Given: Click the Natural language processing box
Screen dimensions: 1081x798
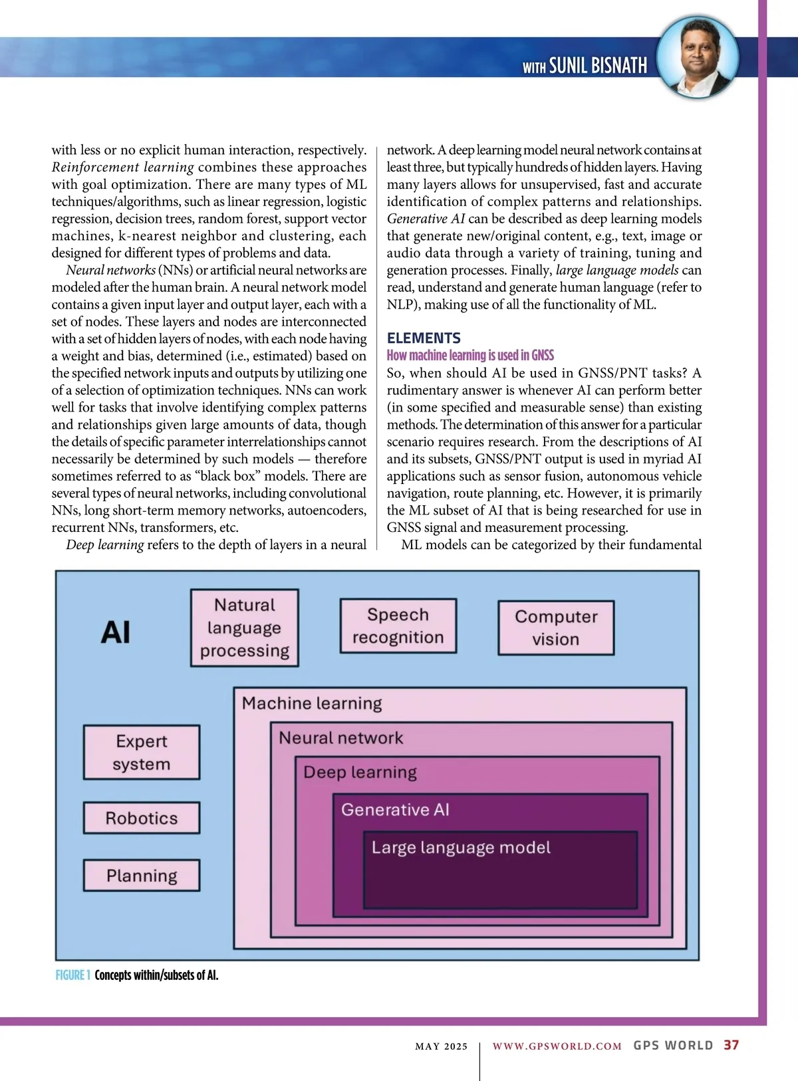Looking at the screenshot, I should tap(245, 628).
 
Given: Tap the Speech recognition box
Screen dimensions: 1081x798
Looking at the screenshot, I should tap(398, 626).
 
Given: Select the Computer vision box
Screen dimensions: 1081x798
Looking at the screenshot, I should tap(556, 628).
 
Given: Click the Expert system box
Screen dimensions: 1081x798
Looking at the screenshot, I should tap(142, 752).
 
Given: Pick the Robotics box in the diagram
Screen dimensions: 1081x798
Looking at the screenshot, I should tap(142, 818).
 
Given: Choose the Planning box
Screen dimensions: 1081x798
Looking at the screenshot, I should tap(142, 876).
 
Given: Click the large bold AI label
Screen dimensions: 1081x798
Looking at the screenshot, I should tap(116, 632).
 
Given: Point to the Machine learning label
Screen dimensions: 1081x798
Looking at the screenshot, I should tap(312, 703).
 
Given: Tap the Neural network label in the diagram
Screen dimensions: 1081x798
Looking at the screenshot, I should tap(340, 738).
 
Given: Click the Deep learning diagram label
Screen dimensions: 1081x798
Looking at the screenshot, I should tap(360, 773).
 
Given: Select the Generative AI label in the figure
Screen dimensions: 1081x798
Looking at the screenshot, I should tap(395, 810).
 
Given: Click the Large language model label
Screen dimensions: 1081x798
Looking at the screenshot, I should tap(461, 848).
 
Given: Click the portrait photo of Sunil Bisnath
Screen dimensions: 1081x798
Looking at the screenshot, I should tap(698, 59).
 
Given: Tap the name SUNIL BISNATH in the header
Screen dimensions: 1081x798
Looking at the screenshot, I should tap(598, 65).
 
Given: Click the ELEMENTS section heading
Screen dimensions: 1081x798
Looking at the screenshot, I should tap(424, 338).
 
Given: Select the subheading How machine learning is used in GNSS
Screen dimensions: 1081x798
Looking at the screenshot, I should tap(470, 355).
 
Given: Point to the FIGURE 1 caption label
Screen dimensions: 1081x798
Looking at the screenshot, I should tap(72, 975).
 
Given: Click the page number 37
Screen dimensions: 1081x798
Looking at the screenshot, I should tap(731, 1045).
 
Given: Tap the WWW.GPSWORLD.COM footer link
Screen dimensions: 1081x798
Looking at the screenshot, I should tap(557, 1046).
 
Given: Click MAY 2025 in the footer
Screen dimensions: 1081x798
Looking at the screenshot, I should tap(441, 1046).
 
